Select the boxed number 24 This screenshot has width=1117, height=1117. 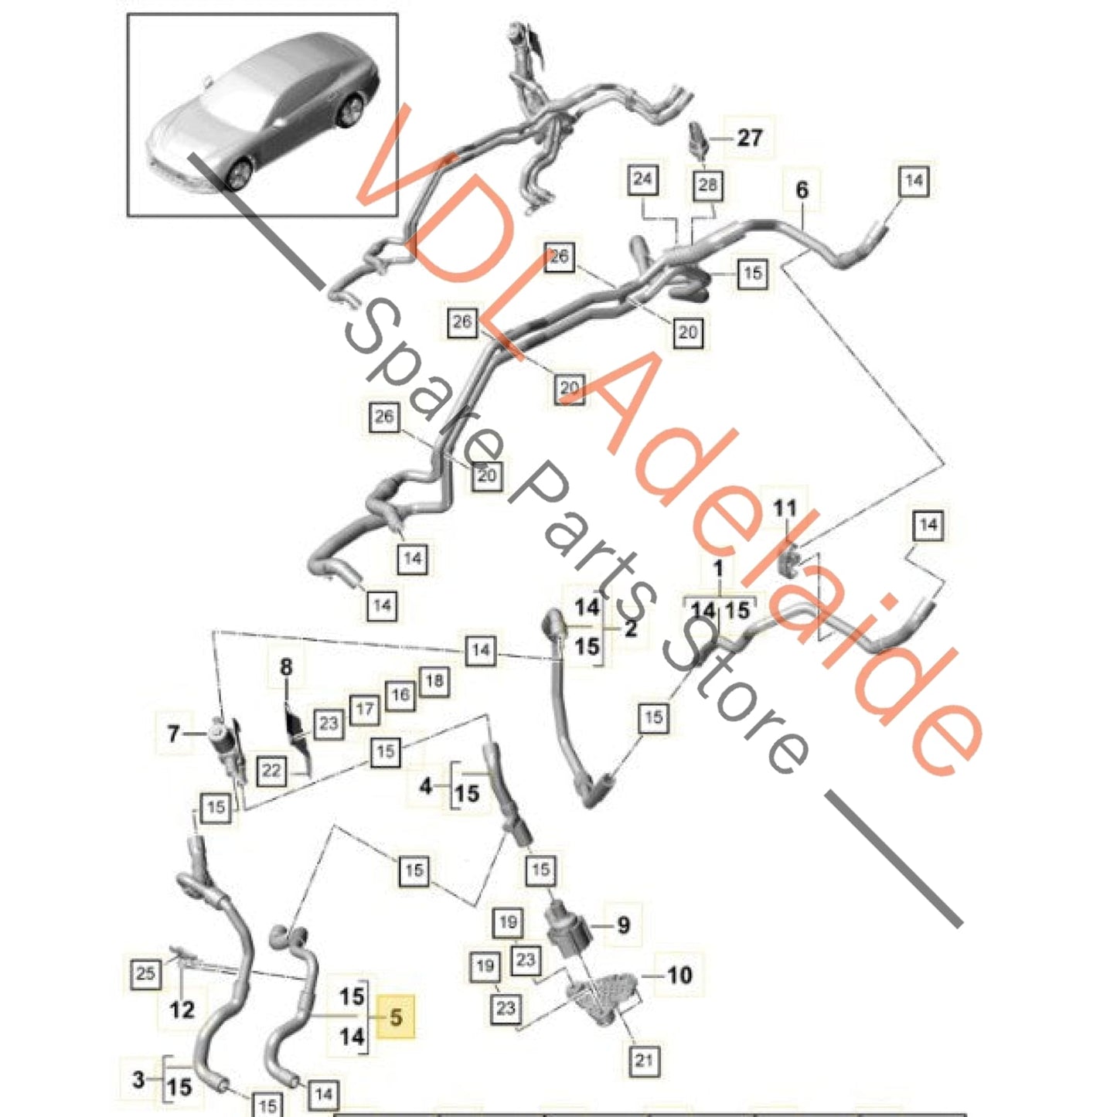tap(642, 179)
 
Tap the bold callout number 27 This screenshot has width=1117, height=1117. tap(749, 138)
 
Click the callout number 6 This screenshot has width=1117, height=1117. tap(802, 189)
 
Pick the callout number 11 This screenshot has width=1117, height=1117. tap(785, 509)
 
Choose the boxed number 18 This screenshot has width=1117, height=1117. tap(434, 680)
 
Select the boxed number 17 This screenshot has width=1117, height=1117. tap(365, 709)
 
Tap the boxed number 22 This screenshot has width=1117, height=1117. tap(271, 771)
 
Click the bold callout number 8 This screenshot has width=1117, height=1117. tap(286, 669)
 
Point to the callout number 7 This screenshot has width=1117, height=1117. tap(173, 734)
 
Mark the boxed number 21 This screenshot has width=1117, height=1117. tap(644, 1061)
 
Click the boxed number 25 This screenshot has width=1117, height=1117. tap(145, 972)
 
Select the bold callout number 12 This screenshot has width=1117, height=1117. tap(182, 1010)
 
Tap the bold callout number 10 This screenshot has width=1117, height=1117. tap(680, 975)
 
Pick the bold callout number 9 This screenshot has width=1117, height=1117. tap(623, 925)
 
